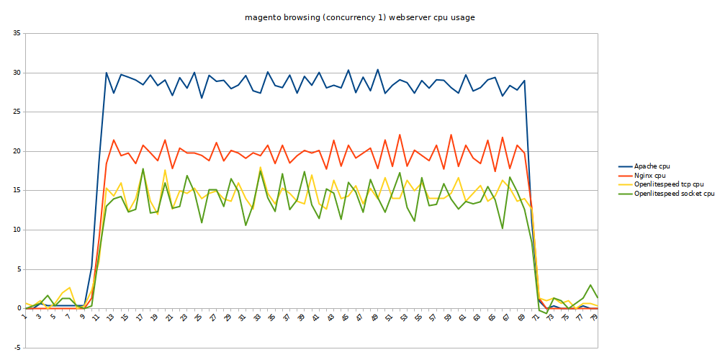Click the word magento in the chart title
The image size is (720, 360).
tap(261, 17)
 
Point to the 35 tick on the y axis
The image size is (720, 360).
tap(17, 34)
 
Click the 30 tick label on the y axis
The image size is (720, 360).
tap(17, 73)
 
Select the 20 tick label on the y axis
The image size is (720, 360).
tap(17, 151)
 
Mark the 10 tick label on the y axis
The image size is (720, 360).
tap(17, 230)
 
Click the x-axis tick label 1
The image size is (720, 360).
tap(24, 316)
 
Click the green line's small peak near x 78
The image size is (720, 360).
tap(590, 285)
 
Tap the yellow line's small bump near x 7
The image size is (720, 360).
tap(69, 287)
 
